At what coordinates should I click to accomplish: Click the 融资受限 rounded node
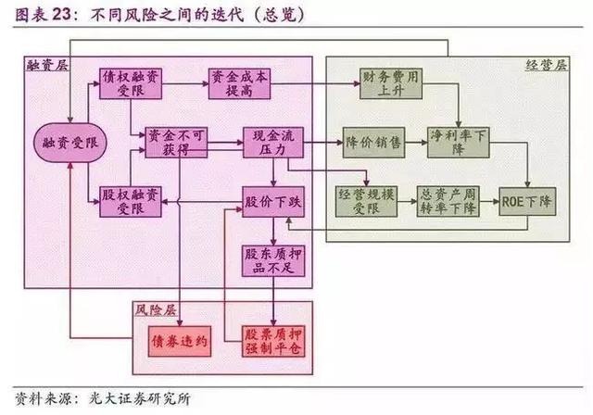click(x=70, y=143)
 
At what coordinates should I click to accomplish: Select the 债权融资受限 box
click(x=131, y=84)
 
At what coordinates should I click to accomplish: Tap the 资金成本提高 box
click(x=239, y=84)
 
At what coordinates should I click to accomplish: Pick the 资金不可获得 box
click(x=176, y=143)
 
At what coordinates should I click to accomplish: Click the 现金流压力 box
click(x=273, y=143)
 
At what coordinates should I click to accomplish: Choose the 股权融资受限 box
click(x=131, y=202)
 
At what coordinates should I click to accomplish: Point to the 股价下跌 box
click(x=273, y=202)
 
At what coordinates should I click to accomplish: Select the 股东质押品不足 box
click(x=273, y=261)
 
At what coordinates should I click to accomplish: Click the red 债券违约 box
click(x=179, y=341)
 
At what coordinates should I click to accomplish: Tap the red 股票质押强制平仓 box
click(x=273, y=341)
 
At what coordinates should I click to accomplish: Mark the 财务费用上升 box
click(x=391, y=84)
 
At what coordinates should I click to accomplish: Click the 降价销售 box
click(x=373, y=143)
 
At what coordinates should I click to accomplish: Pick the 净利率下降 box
click(x=459, y=143)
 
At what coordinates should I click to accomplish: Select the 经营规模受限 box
click(x=366, y=201)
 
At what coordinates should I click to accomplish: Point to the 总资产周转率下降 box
click(x=448, y=201)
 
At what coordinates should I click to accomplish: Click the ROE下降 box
click(x=527, y=201)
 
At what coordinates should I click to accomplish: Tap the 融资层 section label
click(x=47, y=65)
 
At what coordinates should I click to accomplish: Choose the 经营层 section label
click(x=546, y=65)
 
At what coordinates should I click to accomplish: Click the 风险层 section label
click(x=156, y=310)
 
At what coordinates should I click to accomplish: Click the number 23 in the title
click(x=61, y=15)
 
